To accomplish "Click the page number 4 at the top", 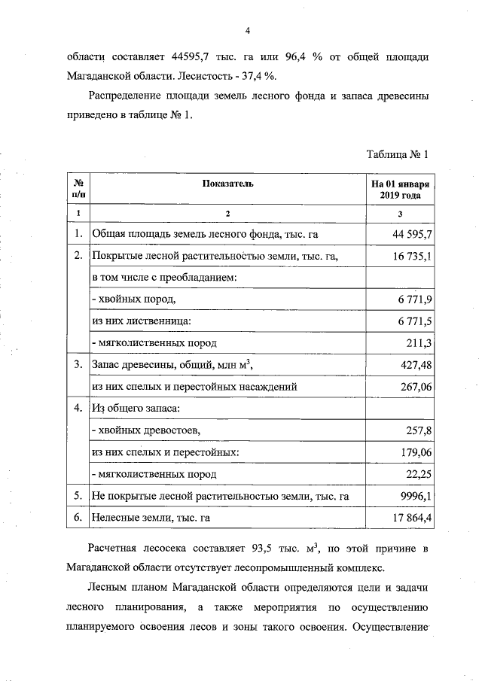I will click(246, 31).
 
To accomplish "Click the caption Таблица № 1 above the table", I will click(397, 155).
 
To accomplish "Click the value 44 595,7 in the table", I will click(411, 235).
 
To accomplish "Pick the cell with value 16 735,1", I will click(411, 257).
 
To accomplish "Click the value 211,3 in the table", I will click(419, 344).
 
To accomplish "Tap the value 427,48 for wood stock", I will click(416, 366).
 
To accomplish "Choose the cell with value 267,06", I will click(416, 388).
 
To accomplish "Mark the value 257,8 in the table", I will click(419, 431).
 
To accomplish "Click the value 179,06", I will click(416, 453).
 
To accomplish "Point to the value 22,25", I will click(419, 475).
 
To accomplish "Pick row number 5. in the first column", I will click(78, 497).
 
